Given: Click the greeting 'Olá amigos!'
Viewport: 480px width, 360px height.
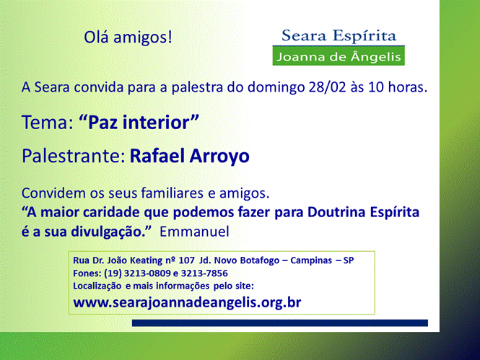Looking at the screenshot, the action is [128, 38].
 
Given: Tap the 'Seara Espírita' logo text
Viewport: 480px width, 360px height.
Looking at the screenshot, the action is [339, 36].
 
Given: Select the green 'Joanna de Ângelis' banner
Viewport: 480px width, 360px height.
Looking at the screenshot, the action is [339, 56].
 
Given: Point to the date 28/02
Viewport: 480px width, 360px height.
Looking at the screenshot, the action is [327, 87].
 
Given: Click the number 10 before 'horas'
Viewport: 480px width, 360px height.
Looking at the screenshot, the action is [376, 87].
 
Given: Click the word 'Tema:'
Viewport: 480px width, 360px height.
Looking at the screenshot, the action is [48, 123].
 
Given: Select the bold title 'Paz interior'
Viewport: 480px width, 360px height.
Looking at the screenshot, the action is [139, 123].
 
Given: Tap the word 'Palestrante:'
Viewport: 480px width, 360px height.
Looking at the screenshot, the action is [74, 156].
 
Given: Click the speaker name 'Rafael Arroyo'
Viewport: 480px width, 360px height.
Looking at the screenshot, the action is [190, 156].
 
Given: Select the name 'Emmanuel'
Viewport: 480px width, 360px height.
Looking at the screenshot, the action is [194, 232].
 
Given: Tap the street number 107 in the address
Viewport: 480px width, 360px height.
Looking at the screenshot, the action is [186, 260].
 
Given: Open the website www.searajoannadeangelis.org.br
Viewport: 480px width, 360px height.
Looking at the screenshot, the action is [187, 303].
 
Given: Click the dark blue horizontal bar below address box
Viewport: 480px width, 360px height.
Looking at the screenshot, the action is [280, 323].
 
